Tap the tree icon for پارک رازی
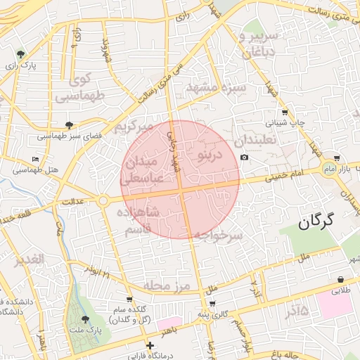click(20, 53)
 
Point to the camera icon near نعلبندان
click(244, 157)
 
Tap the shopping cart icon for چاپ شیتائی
click(284, 112)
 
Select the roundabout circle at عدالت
click(103, 201)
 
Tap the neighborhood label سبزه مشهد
click(216, 89)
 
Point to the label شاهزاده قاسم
click(141, 221)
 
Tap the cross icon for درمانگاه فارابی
click(149, 345)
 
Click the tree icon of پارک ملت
click(86, 319)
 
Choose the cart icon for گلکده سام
click(128, 300)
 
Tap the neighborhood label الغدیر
click(28, 259)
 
